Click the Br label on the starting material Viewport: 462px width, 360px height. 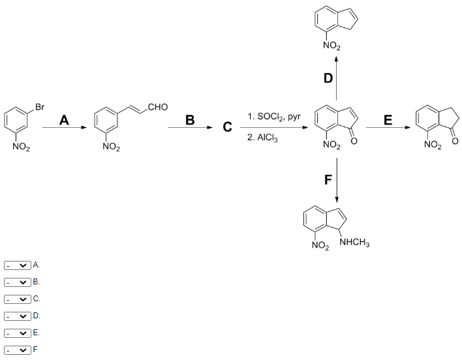coord(40,107)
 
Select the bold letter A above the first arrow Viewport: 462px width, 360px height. coord(64,121)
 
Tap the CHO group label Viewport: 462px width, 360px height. coord(158,107)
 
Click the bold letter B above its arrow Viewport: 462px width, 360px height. coord(190,121)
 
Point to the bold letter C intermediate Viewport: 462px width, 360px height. coord(227,127)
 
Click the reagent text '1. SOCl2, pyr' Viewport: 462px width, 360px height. coord(274,117)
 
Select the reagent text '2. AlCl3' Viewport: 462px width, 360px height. coord(262,138)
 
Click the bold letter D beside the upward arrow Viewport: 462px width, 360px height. coord(328,78)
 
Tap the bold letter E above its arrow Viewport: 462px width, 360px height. coord(388,121)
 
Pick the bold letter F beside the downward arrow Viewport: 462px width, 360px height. coord(328,180)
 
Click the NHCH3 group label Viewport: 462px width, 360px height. coord(354,243)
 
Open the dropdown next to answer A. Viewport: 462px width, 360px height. coord(18,265)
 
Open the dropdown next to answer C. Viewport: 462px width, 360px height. coord(18,299)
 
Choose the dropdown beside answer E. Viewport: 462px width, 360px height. coord(18,333)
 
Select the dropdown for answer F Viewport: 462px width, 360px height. coord(18,350)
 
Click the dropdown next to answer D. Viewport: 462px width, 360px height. coord(18,316)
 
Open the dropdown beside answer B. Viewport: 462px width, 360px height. coord(18,282)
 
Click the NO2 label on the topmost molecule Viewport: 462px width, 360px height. coord(331,46)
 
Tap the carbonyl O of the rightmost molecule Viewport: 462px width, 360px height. coord(455,141)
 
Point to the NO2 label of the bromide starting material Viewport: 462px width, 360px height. coord(22,147)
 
